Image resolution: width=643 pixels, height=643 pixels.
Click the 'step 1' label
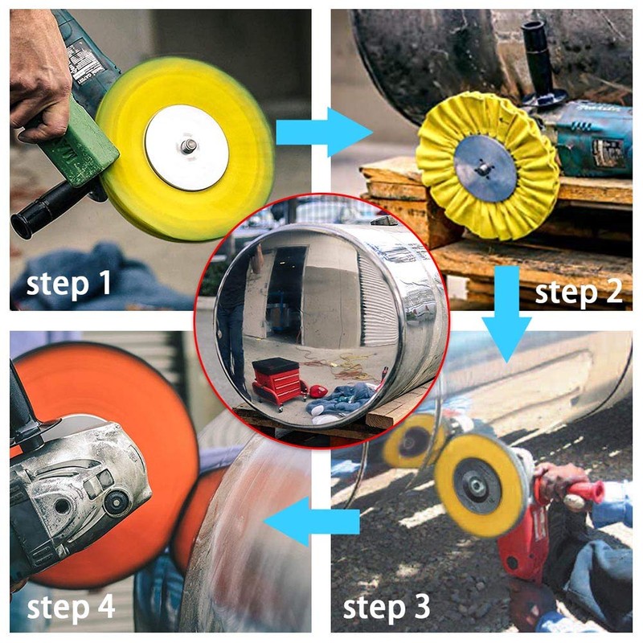69,284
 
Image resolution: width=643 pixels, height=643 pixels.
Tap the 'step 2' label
579,293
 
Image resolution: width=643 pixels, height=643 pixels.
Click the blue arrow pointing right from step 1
324,132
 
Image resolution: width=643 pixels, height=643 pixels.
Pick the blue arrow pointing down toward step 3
507,314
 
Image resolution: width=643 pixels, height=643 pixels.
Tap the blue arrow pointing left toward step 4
312,522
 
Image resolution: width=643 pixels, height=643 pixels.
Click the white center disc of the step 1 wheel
186,147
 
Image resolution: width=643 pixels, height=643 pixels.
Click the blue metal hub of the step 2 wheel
485,169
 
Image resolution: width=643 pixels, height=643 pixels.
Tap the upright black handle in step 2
540,65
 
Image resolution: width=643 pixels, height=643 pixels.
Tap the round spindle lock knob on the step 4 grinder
116,502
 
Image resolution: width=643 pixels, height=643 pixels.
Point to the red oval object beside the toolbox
318,391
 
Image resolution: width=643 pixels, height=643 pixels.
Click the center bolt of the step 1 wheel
189,145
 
